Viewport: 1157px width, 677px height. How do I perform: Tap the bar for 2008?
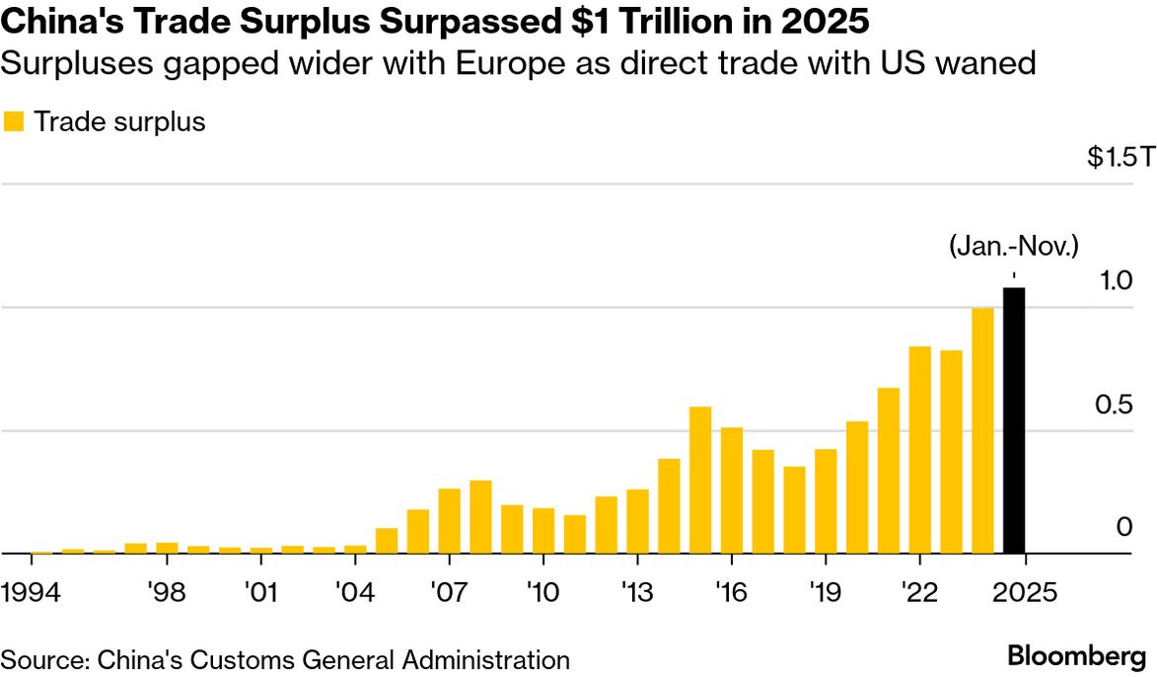[480, 517]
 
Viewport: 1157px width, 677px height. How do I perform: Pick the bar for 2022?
[919, 450]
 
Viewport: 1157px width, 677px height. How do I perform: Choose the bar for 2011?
[575, 534]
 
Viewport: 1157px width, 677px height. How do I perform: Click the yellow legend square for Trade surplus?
[14, 122]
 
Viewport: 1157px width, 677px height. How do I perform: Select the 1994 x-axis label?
[33, 594]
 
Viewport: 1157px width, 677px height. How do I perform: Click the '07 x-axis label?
[449, 594]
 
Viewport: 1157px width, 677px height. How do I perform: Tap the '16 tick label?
[731, 594]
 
